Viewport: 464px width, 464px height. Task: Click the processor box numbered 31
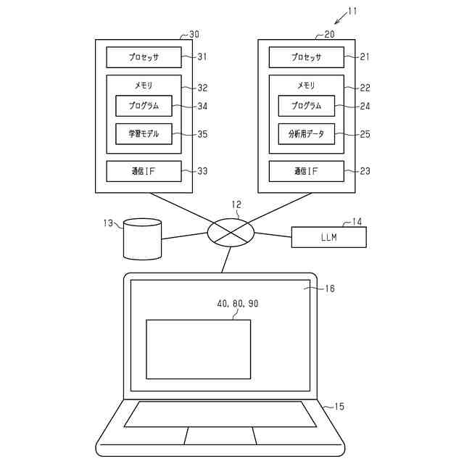(x=144, y=57)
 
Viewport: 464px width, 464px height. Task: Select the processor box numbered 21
(x=306, y=57)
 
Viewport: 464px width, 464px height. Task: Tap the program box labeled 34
(x=144, y=106)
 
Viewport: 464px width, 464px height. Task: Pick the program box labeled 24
(x=306, y=106)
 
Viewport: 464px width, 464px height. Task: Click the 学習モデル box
(x=144, y=133)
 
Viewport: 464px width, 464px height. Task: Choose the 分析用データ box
(x=306, y=133)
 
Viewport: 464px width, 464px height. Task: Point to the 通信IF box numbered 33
(x=144, y=171)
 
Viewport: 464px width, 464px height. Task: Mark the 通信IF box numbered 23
(x=306, y=171)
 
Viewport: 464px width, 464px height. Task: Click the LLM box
(x=329, y=237)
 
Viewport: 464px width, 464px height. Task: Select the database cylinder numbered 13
(x=141, y=239)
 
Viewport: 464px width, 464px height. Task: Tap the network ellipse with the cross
(x=231, y=233)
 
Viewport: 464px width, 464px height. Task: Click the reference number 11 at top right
(x=352, y=11)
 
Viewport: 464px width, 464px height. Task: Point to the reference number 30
(x=194, y=34)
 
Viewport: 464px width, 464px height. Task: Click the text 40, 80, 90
(x=237, y=304)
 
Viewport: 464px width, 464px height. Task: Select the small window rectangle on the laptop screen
(x=198, y=349)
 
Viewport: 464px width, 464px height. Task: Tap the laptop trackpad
(x=219, y=436)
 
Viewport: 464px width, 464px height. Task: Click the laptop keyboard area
(x=220, y=414)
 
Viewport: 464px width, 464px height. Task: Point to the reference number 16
(x=329, y=289)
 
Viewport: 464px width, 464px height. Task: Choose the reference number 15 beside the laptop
(x=339, y=407)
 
